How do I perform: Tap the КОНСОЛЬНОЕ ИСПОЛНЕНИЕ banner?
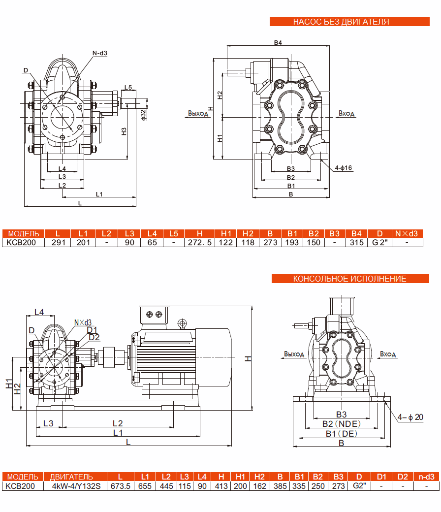pos(349,279)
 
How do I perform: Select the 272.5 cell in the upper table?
pos(200,242)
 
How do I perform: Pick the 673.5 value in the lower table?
pos(121,486)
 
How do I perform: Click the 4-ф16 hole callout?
pos(343,168)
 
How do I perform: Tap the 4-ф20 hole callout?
pos(411,417)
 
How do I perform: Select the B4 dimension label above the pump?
pos(278,43)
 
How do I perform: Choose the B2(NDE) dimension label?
pos(341,424)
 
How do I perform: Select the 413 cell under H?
pos(221,486)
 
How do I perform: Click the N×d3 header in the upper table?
pos(407,233)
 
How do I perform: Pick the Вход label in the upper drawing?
pos(346,114)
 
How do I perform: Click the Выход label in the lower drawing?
pos(294,354)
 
